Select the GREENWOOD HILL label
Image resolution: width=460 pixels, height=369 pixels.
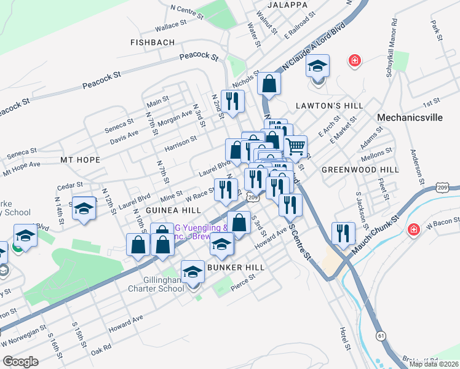pyautogui.click(x=360, y=169)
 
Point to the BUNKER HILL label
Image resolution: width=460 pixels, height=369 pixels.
pyautogui.click(x=236, y=268)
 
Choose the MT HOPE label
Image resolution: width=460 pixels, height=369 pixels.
pyautogui.click(x=80, y=159)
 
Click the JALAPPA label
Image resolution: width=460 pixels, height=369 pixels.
pyautogui.click(x=287, y=5)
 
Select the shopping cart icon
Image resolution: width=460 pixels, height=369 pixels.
pyautogui.click(x=296, y=146)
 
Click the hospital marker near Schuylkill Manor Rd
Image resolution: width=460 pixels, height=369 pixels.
pyautogui.click(x=354, y=60)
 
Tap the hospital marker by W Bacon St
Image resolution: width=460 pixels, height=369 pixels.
pyautogui.click(x=414, y=230)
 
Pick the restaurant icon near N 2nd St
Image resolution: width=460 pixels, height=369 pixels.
pyautogui.click(x=232, y=101)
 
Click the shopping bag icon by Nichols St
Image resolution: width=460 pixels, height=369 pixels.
pyautogui.click(x=269, y=84)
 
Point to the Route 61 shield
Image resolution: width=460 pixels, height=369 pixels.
pyautogui.click(x=382, y=335)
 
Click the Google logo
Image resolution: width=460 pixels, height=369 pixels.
pyautogui.click(x=20, y=361)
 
